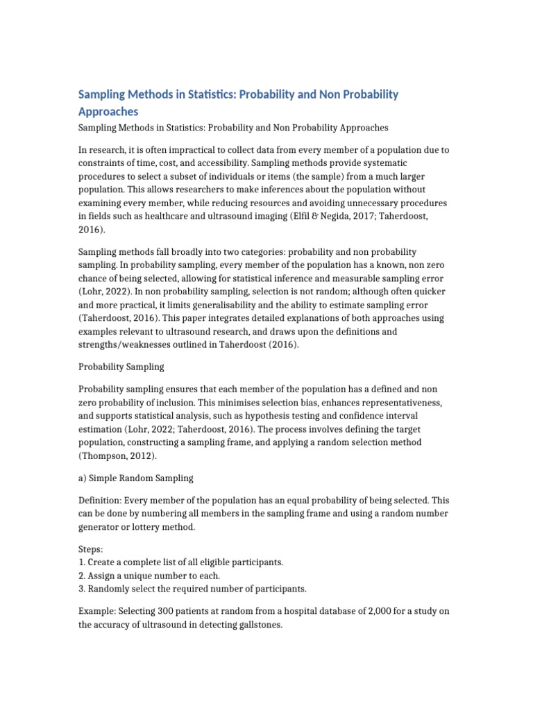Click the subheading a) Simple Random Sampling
(x=135, y=478)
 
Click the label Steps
(x=90, y=549)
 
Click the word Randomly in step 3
(x=112, y=589)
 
